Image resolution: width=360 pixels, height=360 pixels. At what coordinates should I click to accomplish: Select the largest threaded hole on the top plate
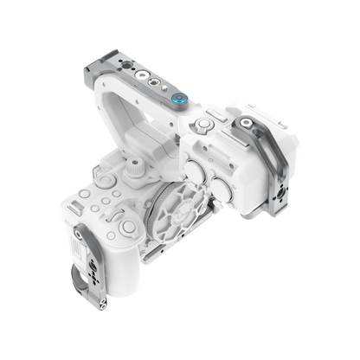click(x=156, y=90)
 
